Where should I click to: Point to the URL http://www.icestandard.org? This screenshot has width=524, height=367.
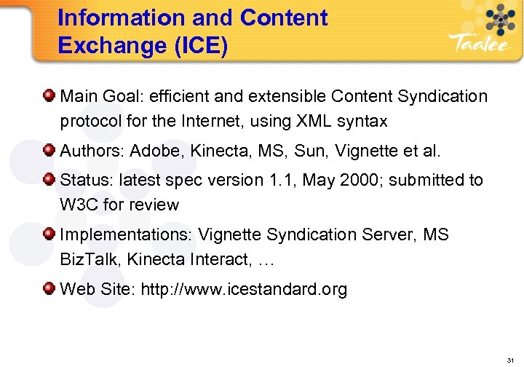[x=244, y=289]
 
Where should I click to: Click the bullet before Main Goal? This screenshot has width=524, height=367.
[x=48, y=95]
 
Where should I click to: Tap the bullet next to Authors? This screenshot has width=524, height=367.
[x=48, y=151]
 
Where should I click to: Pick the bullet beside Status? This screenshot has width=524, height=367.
[x=48, y=179]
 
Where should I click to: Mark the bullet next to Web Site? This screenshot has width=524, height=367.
[x=48, y=289]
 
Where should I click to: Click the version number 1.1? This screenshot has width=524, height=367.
[x=276, y=180]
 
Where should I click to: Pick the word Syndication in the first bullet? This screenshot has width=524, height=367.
[x=442, y=96]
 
